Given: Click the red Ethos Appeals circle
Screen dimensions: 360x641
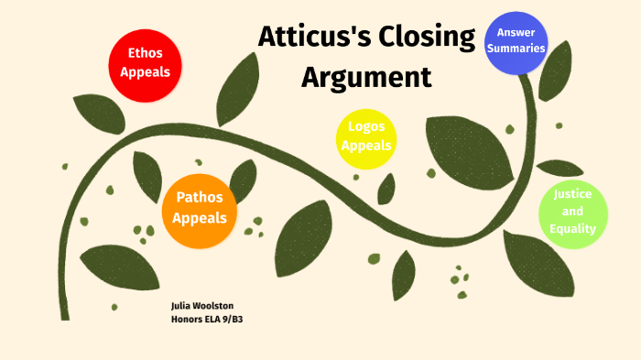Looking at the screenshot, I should [x=145, y=63].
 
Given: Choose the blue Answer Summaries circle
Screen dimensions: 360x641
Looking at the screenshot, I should [x=516, y=41].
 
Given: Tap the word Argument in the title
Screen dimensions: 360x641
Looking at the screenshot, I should [x=366, y=77].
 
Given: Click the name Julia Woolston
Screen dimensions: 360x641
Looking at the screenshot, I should [x=202, y=305].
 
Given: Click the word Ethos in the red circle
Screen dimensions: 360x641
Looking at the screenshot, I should [x=145, y=54].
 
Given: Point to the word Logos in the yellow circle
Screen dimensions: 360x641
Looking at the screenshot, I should [x=366, y=126].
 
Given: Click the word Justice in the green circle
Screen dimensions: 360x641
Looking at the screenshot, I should [x=572, y=194].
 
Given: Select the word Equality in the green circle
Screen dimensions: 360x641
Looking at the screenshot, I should [x=572, y=229].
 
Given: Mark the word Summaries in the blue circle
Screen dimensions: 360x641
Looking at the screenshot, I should [x=516, y=49].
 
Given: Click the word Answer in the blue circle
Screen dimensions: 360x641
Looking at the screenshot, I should [x=516, y=33].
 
